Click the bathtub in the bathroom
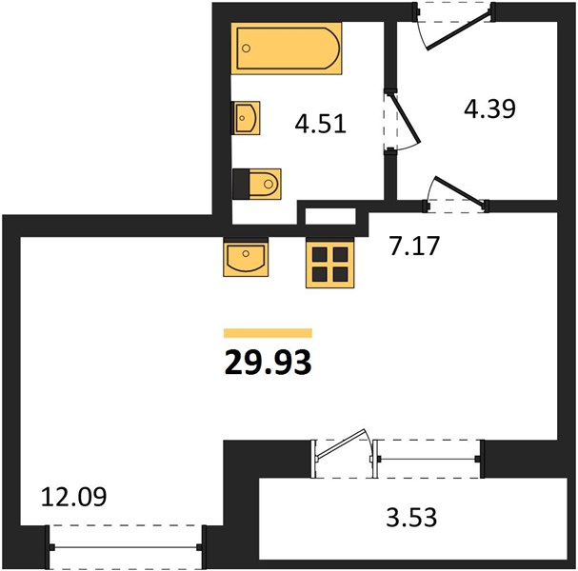coord(287,49)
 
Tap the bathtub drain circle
coord(247,49)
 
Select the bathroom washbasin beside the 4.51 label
coord(246,118)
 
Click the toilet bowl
coord(265,184)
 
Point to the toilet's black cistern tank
coord(241,184)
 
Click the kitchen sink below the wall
coord(246,257)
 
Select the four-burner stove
coord(329,264)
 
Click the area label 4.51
coord(320,124)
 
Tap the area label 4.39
coord(489,108)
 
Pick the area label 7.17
coord(415,246)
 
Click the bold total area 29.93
coord(268,363)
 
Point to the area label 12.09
coord(73,496)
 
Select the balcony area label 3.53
coord(411,517)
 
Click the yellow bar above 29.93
coord(268,333)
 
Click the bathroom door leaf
coord(406,118)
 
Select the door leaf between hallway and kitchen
coord(460,190)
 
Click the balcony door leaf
coord(341,444)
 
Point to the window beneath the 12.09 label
coord(126,547)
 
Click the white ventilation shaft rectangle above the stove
coord(330,216)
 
